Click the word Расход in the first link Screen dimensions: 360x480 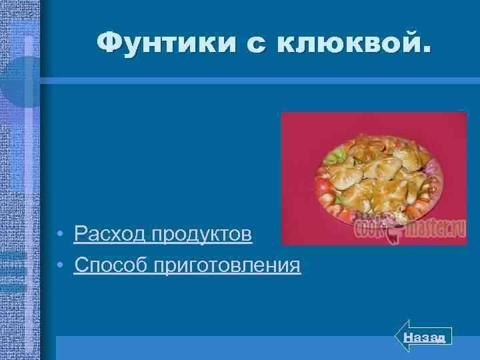[110, 234]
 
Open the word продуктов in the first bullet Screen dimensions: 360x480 [202, 234]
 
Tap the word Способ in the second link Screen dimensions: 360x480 [111, 265]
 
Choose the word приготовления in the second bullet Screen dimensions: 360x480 [227, 265]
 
